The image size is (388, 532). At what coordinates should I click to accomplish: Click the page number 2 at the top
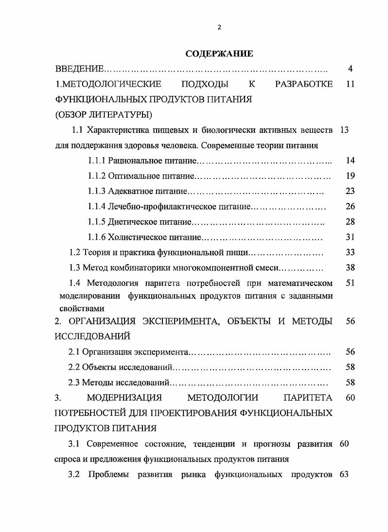click(219, 27)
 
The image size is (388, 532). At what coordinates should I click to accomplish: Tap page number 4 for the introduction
click(350, 69)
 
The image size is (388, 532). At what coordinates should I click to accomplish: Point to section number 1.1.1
click(97, 160)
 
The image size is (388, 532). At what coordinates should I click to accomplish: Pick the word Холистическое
click(138, 237)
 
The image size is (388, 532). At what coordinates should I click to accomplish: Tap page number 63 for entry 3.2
click(344, 475)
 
